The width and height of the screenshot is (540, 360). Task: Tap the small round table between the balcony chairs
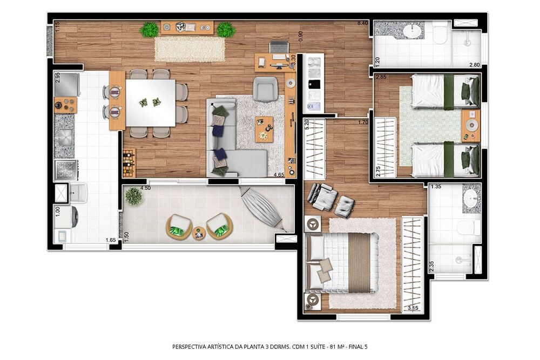199,233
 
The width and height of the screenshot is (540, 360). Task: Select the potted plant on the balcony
133,196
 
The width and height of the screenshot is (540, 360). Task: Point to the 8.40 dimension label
362,23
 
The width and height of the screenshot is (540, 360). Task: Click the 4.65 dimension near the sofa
279,175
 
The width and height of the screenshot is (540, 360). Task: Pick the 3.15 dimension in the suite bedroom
413,308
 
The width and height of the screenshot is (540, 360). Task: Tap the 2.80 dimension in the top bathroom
474,65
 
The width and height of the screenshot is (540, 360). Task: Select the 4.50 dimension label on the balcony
145,188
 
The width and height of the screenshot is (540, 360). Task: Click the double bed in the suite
342,262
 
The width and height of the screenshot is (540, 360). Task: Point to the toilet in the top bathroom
440,33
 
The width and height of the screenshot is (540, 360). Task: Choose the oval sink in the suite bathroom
471,198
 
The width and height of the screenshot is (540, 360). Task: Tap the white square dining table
150,103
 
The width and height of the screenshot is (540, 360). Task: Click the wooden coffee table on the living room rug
264,129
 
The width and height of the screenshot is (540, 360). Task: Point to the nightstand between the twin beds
470,126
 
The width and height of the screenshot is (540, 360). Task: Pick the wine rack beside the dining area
129,162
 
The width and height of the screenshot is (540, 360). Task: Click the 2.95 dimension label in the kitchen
58,77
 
